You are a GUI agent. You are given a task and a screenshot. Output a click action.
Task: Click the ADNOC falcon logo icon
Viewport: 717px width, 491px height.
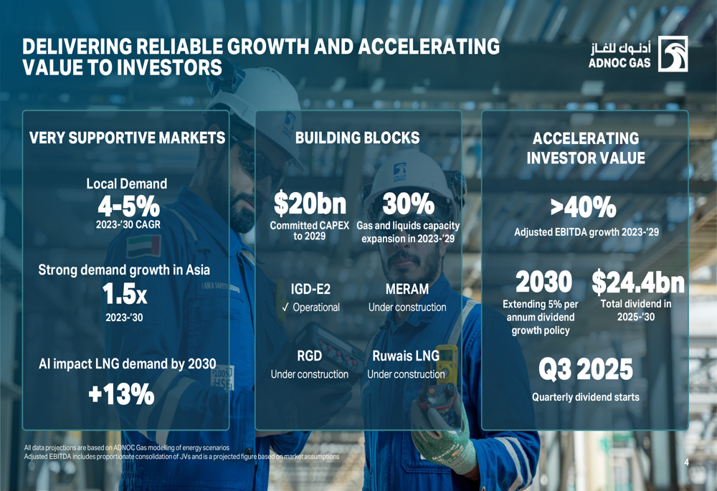tap(673, 54)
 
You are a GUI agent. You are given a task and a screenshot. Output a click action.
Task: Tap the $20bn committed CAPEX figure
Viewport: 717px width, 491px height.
tap(310, 204)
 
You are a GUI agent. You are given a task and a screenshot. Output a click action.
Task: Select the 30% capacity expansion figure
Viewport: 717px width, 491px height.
tap(408, 204)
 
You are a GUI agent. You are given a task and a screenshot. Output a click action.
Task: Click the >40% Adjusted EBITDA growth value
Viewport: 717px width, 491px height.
tap(583, 208)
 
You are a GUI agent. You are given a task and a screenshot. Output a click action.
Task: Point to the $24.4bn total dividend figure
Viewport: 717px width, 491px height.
tap(637, 282)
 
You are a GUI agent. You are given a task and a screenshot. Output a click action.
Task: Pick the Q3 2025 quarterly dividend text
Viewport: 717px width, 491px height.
tap(586, 370)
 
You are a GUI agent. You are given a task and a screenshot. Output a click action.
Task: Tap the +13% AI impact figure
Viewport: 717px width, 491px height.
tap(121, 394)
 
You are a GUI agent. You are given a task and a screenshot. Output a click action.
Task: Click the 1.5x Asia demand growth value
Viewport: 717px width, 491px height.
tap(125, 294)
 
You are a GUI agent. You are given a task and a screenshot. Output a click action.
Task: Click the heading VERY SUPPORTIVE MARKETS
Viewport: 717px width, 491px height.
tap(127, 138)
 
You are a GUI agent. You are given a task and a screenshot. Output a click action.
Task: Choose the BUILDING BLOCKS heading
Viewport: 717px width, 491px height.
tap(357, 138)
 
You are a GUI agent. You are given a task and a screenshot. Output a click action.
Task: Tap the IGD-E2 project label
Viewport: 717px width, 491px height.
tap(310, 290)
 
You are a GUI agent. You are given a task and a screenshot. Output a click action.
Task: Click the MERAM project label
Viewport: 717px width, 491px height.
tap(407, 290)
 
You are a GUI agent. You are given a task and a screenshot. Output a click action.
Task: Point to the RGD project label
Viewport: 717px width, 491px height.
tap(309, 356)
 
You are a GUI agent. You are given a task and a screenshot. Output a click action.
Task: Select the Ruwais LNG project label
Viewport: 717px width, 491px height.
tap(406, 356)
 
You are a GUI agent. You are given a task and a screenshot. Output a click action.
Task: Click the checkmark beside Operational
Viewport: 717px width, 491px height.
tap(285, 308)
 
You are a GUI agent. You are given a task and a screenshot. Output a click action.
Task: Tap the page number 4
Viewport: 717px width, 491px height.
tap(686, 462)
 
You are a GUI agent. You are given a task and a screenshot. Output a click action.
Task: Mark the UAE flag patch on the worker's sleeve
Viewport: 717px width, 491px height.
tap(143, 247)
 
